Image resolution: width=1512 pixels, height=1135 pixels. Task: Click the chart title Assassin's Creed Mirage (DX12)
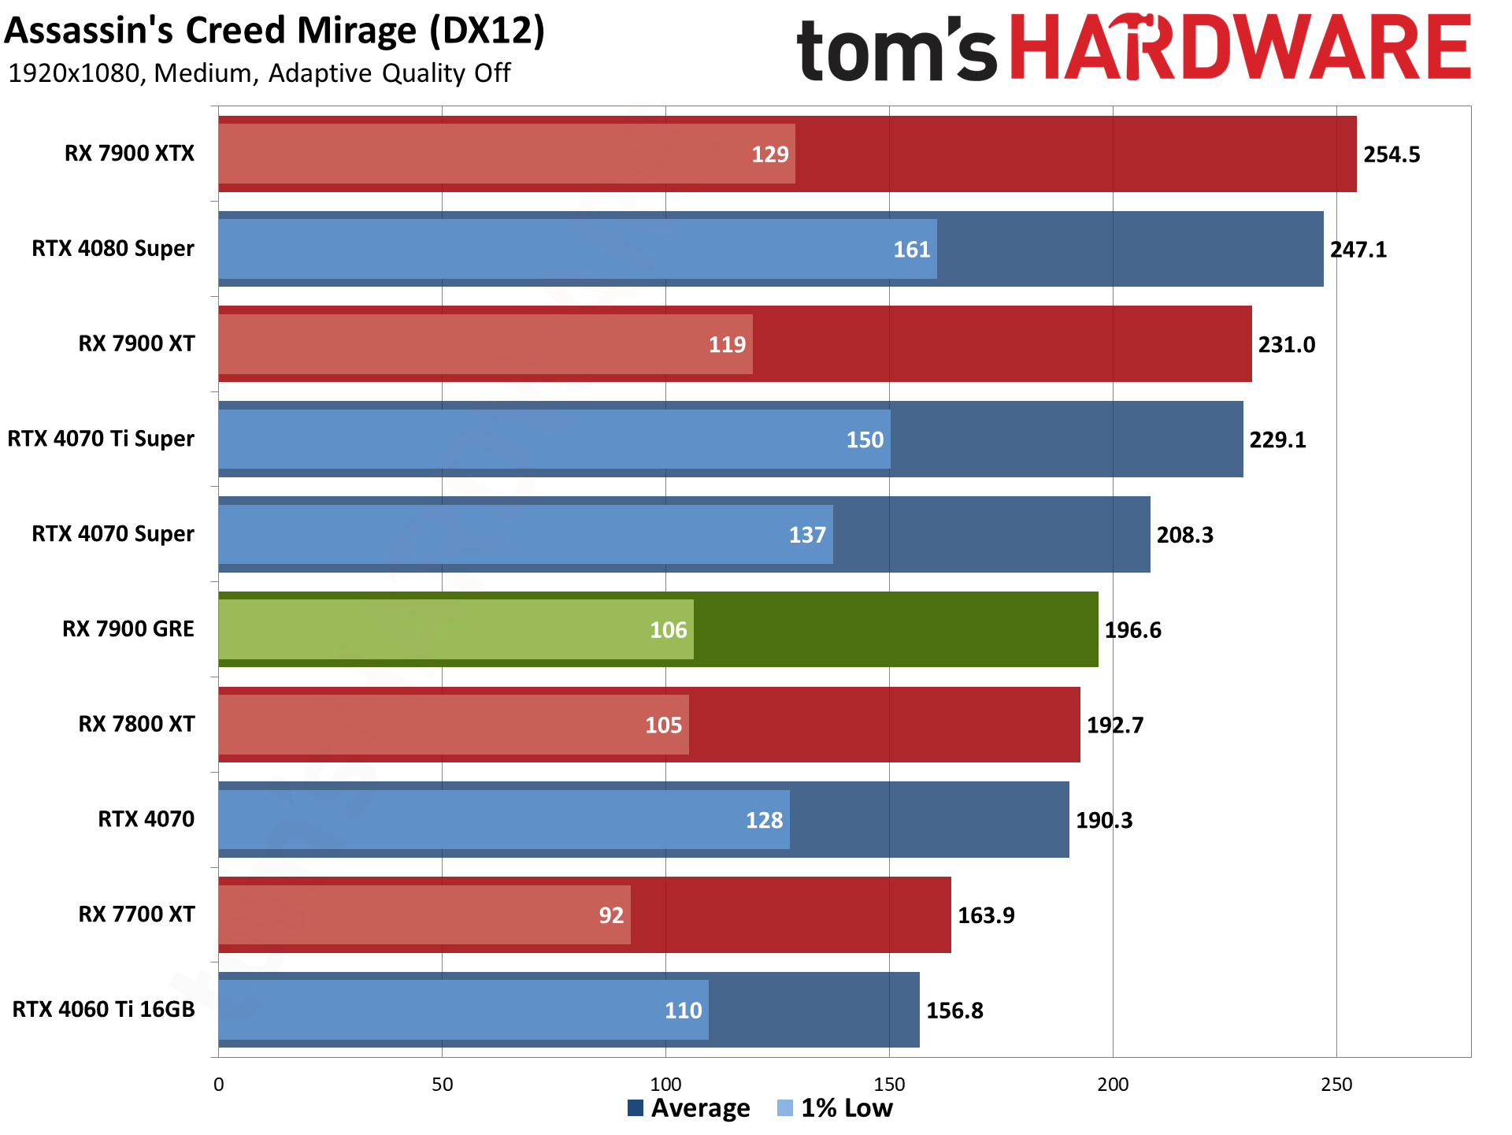(x=274, y=32)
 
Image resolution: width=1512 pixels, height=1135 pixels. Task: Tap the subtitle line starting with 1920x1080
(x=259, y=73)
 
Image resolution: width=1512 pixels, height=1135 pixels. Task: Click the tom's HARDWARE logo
(x=1134, y=49)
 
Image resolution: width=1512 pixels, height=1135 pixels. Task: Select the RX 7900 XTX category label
(x=129, y=154)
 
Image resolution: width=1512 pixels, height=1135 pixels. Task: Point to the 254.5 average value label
(x=1392, y=154)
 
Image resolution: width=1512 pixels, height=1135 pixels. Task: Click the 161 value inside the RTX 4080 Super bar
(x=911, y=250)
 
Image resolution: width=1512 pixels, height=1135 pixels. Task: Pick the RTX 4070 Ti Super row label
(x=101, y=439)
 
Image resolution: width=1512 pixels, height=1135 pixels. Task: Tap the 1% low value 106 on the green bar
(x=668, y=630)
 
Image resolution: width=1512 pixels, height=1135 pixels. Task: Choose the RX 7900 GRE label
(x=128, y=629)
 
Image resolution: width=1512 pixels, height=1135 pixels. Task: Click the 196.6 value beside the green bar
(x=1132, y=630)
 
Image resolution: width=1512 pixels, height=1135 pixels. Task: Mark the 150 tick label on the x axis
(x=889, y=1085)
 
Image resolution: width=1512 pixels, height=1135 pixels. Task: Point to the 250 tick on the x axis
(x=1336, y=1085)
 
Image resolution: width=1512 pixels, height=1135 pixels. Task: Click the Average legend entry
(x=689, y=1108)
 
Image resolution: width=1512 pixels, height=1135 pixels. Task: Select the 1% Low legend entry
(x=835, y=1108)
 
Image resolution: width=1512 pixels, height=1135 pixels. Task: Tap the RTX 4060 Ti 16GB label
(x=103, y=1010)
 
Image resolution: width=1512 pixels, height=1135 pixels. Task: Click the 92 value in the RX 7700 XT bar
(x=611, y=915)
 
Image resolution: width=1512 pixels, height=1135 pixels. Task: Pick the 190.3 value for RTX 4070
(x=1104, y=820)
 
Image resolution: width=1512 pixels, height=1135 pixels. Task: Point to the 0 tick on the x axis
(x=219, y=1085)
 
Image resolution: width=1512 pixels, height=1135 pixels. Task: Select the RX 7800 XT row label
(x=136, y=725)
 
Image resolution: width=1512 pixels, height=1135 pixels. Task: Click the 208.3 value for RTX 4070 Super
(x=1184, y=535)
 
